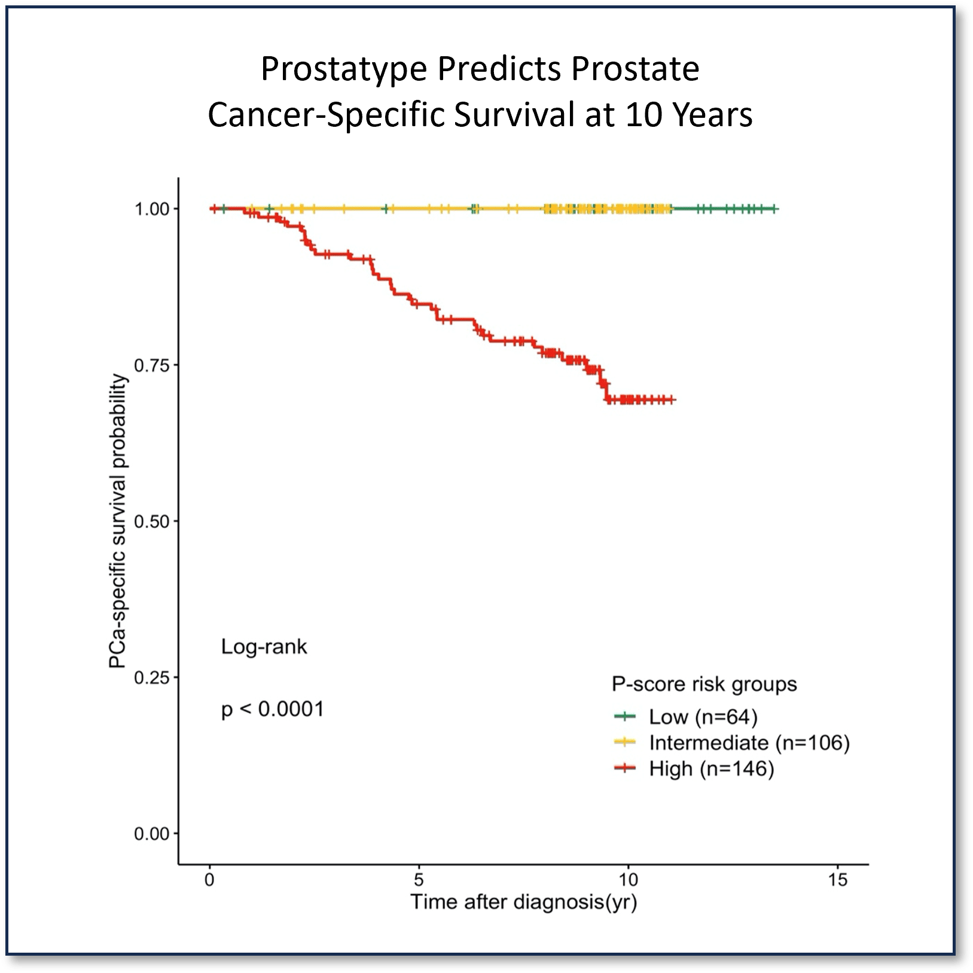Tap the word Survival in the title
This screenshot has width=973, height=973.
point(514,115)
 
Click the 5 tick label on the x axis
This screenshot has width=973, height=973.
point(419,880)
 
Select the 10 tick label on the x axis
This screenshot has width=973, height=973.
point(628,880)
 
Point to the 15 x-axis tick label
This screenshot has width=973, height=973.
point(838,880)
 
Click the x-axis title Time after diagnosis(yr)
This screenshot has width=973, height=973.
point(523,902)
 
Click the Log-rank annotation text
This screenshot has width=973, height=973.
point(264,647)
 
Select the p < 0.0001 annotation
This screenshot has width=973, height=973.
point(272,710)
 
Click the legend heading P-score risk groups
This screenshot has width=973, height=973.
point(704,684)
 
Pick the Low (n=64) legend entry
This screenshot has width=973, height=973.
point(703,716)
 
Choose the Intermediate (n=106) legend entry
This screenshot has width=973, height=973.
point(749,743)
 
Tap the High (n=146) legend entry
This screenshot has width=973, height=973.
point(711,769)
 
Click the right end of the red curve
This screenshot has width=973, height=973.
point(673,399)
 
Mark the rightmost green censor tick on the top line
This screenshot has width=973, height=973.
point(774,209)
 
